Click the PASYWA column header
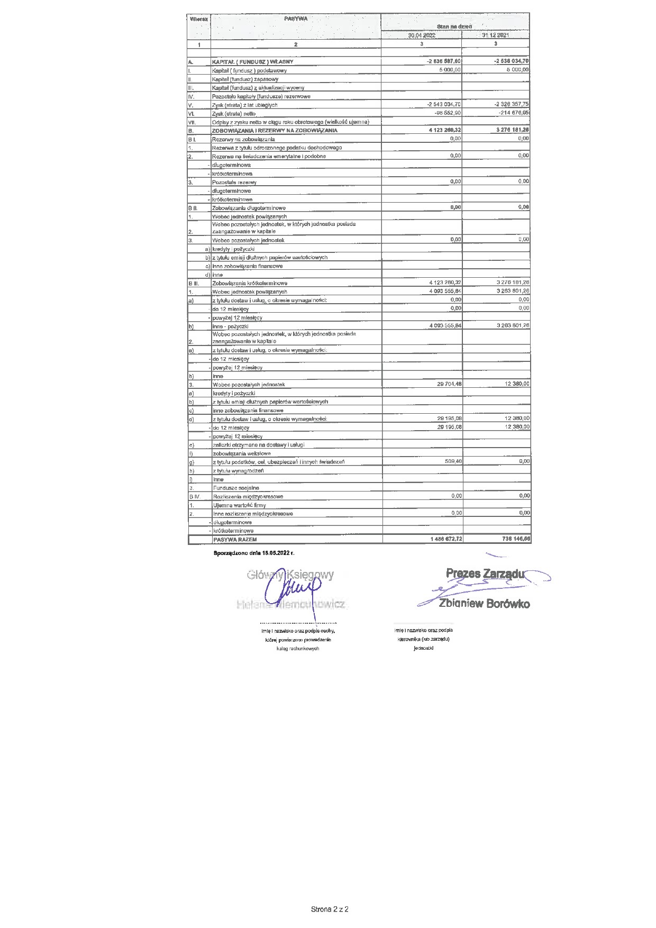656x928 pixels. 295,19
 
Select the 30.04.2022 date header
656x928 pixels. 421,35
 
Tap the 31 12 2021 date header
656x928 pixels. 495,35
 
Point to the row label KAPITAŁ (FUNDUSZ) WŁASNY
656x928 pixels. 252,62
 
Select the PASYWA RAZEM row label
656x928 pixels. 234,539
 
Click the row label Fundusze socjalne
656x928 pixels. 236,488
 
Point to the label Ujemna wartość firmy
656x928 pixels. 239,505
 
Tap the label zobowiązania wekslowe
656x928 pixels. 241,453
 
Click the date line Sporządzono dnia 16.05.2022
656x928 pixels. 253,552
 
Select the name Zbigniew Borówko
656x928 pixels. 484,604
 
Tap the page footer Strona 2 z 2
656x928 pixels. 330,909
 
